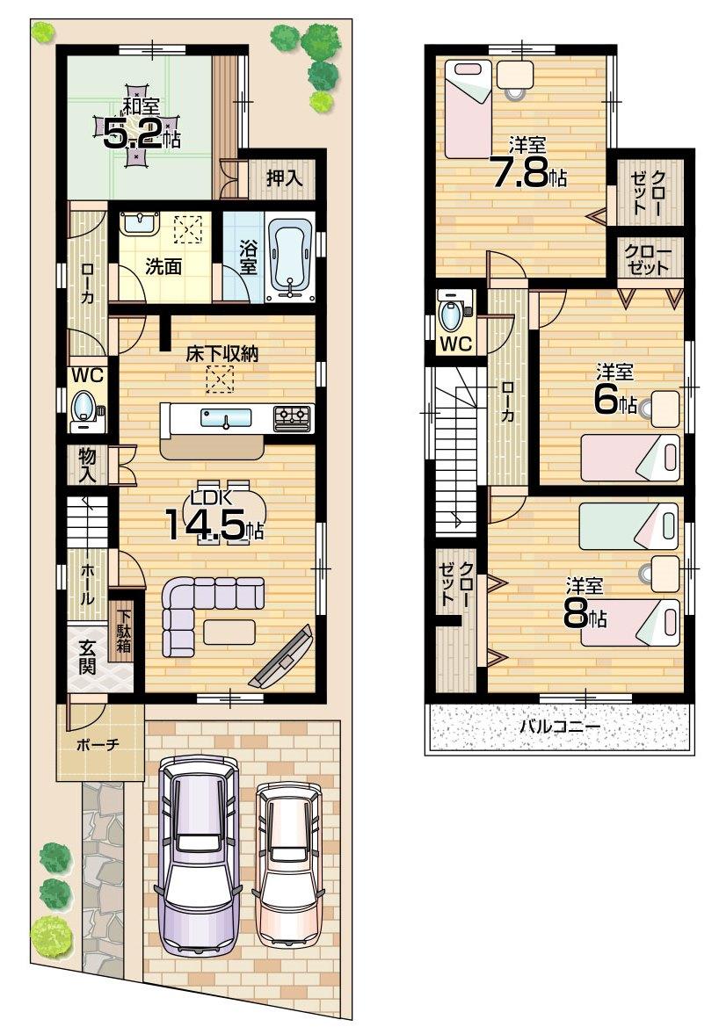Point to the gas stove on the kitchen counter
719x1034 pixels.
pyautogui.click(x=293, y=417)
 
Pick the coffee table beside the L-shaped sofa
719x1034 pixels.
pyautogui.click(x=229, y=630)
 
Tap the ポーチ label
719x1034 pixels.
pyautogui.click(x=98, y=744)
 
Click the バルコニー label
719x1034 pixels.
pyautogui.click(x=558, y=727)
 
